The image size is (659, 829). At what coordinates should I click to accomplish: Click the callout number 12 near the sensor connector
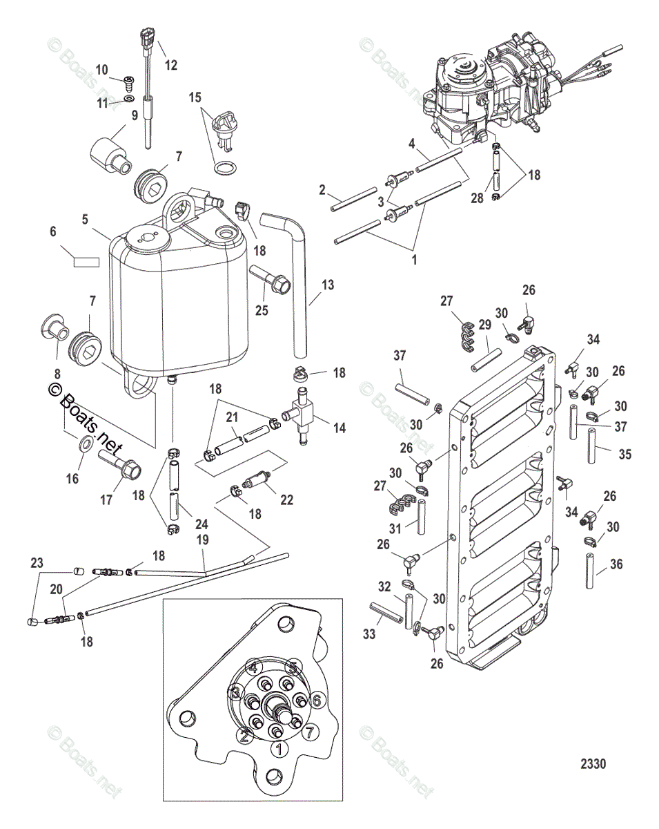tap(170, 66)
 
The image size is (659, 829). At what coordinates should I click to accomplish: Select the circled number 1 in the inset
tap(279, 748)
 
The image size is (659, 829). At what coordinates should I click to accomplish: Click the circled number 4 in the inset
tap(254, 667)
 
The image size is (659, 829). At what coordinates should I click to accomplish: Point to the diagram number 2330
tap(593, 764)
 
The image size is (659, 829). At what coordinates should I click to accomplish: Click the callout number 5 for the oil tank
tap(86, 220)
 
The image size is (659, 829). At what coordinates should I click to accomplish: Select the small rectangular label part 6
tap(86, 262)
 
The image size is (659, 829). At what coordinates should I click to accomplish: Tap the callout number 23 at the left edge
tap(37, 562)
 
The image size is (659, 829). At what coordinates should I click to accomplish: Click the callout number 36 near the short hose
tap(616, 564)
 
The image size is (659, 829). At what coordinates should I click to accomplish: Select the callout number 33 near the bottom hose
tap(369, 633)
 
